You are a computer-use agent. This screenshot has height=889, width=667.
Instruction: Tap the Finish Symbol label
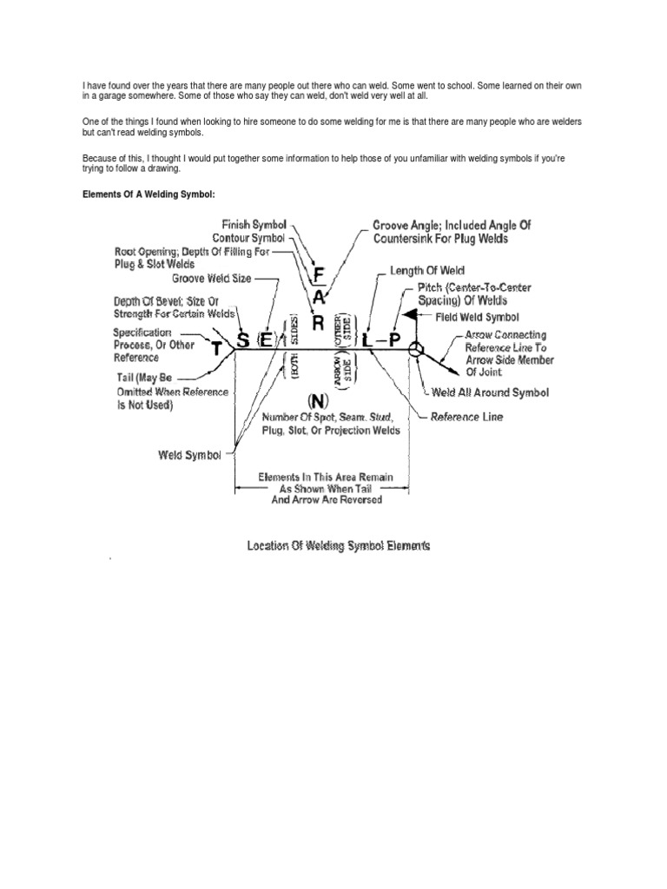point(254,225)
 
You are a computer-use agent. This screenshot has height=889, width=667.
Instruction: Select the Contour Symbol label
point(249,238)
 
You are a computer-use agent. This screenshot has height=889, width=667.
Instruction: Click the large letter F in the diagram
point(319,275)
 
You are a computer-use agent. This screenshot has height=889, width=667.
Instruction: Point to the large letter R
point(318,323)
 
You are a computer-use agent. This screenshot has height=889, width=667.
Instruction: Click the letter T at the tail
point(217,349)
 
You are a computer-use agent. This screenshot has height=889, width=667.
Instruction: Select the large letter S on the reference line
point(243,339)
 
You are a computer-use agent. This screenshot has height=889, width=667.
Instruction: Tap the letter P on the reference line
point(394,340)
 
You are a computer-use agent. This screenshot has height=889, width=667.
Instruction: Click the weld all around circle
point(417,350)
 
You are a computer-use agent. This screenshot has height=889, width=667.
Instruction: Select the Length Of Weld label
point(427,272)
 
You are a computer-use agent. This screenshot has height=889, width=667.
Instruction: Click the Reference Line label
point(466,417)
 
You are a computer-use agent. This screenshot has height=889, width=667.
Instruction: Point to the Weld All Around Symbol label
point(491,392)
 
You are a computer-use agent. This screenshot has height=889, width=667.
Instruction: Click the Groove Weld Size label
point(212,279)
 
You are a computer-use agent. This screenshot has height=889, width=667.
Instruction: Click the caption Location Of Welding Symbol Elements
point(339,545)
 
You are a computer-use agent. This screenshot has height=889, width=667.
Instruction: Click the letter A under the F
point(319,298)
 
